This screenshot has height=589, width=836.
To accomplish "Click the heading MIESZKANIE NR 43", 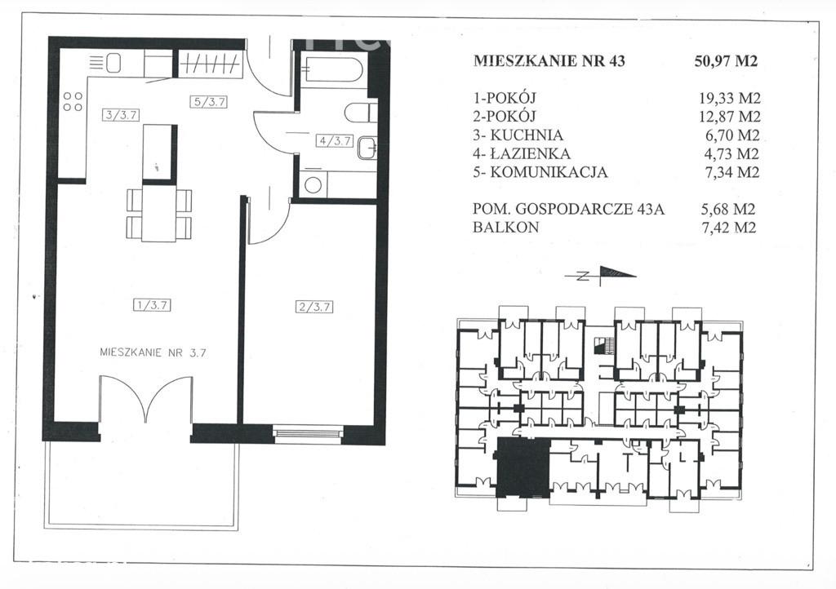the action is pos(549,60).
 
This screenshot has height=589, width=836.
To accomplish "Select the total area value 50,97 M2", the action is pos(726,61).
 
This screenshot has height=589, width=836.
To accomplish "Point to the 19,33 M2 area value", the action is pos(729,98).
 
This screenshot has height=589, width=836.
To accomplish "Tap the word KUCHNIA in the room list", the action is pos(527,135).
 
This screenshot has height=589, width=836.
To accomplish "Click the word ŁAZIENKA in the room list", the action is pos(529,154).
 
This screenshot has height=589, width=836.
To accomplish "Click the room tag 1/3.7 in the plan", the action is pos(153,305).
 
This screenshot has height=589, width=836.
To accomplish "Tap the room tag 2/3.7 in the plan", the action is pos(314,307).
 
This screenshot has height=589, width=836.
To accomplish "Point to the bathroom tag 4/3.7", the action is pos(335,141).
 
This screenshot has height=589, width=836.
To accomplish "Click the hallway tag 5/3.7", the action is pos(209,102).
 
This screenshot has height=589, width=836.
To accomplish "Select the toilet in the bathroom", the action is pos(360,113).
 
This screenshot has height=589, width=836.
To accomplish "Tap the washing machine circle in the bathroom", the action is pos(313,185).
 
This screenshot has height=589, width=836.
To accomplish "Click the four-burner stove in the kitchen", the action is pos(73,102).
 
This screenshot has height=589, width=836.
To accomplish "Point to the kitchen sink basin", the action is pos(113,64).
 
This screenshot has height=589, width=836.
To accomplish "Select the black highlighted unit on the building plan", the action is pos(523,467).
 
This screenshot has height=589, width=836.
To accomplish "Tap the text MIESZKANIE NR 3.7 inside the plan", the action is pos(153,352).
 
